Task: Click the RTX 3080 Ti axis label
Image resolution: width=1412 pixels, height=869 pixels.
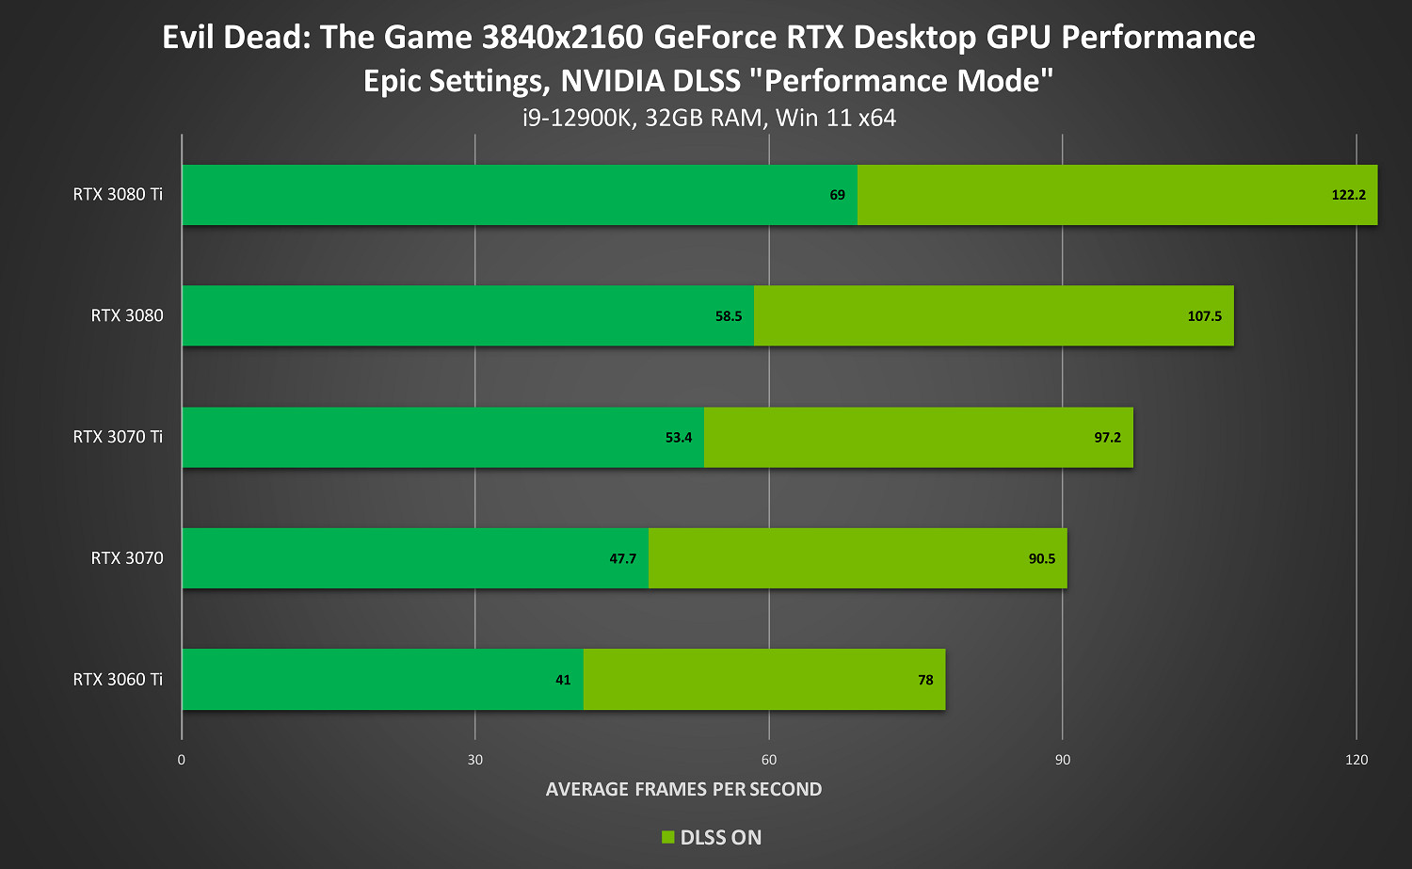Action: (x=118, y=195)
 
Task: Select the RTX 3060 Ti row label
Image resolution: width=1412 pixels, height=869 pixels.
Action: (x=118, y=680)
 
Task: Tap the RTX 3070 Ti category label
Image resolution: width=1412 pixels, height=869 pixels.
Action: (x=118, y=437)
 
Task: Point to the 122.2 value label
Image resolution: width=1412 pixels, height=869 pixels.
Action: (x=1348, y=195)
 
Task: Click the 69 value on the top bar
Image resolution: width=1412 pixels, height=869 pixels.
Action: (x=837, y=195)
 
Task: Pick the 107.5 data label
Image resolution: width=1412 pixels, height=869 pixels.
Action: (x=1204, y=316)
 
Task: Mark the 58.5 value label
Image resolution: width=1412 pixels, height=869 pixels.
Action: (x=729, y=316)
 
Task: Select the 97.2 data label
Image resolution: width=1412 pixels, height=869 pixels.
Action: (x=1107, y=438)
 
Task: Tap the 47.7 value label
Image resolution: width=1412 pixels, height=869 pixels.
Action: (x=623, y=558)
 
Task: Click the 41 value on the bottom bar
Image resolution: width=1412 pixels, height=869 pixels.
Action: (x=563, y=680)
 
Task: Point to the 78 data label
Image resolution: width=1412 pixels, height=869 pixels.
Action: (x=925, y=680)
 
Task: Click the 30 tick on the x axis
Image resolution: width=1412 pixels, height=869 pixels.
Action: (x=475, y=760)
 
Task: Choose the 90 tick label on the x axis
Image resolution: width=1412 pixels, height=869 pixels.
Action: (x=1063, y=760)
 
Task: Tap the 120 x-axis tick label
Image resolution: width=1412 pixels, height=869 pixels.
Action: (x=1356, y=760)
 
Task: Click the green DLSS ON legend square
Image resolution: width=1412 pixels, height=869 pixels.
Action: (x=668, y=837)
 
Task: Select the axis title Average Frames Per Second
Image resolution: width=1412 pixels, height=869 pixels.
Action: (x=683, y=789)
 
